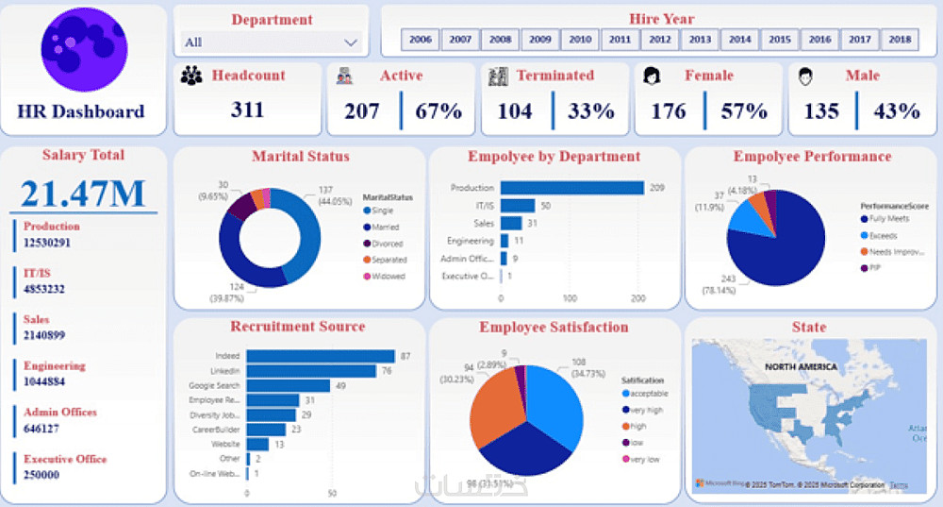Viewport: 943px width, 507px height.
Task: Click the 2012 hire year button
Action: point(660,40)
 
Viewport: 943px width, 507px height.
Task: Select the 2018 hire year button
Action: point(900,40)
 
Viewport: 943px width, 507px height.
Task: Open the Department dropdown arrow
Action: point(351,42)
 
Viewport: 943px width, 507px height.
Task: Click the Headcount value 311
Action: point(248,110)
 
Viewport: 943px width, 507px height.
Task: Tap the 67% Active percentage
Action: point(439,111)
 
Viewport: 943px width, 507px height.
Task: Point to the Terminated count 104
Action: point(515,111)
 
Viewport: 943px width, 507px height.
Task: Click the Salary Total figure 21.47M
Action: point(83,193)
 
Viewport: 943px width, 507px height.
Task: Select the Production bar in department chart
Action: point(571,188)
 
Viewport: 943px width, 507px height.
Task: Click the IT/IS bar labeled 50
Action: point(518,206)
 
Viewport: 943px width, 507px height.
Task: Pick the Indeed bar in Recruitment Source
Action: point(321,356)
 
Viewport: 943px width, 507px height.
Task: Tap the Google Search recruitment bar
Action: point(289,385)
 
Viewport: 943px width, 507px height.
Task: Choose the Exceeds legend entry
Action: point(884,235)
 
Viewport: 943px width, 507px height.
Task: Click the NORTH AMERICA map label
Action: point(801,365)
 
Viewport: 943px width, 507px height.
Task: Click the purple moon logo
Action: point(84,49)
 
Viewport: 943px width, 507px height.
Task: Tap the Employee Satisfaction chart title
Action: point(554,328)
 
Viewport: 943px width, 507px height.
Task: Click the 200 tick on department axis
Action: point(638,298)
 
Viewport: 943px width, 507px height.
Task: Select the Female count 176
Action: point(669,111)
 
